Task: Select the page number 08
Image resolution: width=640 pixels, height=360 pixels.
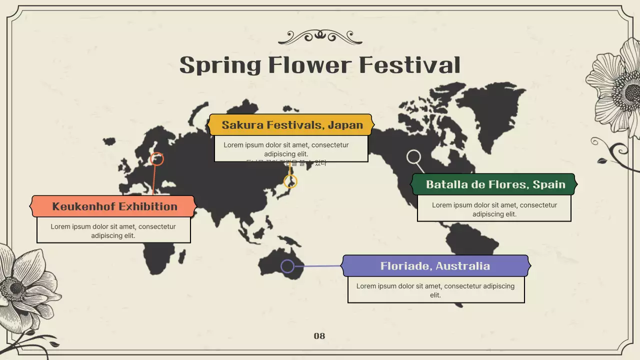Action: coord(319,336)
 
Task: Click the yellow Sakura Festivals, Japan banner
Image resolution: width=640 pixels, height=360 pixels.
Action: coord(291,125)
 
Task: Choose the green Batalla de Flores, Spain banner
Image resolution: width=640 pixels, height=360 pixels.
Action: coord(494,184)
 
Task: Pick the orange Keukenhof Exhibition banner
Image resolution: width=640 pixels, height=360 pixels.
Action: coord(113,206)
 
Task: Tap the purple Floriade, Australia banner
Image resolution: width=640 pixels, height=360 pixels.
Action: coord(435,266)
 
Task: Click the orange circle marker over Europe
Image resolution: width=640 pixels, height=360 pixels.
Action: coord(157,159)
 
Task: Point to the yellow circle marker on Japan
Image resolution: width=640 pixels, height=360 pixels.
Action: coord(290,181)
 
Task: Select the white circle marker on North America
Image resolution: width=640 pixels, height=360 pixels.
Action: coord(413,157)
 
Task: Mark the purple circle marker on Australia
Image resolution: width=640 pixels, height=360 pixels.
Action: coord(287,266)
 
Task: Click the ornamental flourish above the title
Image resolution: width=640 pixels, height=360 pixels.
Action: coord(320,36)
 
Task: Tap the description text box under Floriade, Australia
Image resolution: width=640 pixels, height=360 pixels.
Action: coord(435,290)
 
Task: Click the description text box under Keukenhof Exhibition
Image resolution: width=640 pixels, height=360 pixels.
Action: coord(113,230)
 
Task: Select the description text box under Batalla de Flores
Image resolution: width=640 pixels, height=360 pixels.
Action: coord(494,209)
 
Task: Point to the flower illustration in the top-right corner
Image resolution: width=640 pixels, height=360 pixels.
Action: coord(617,87)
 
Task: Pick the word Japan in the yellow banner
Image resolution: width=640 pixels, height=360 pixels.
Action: coord(345,125)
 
